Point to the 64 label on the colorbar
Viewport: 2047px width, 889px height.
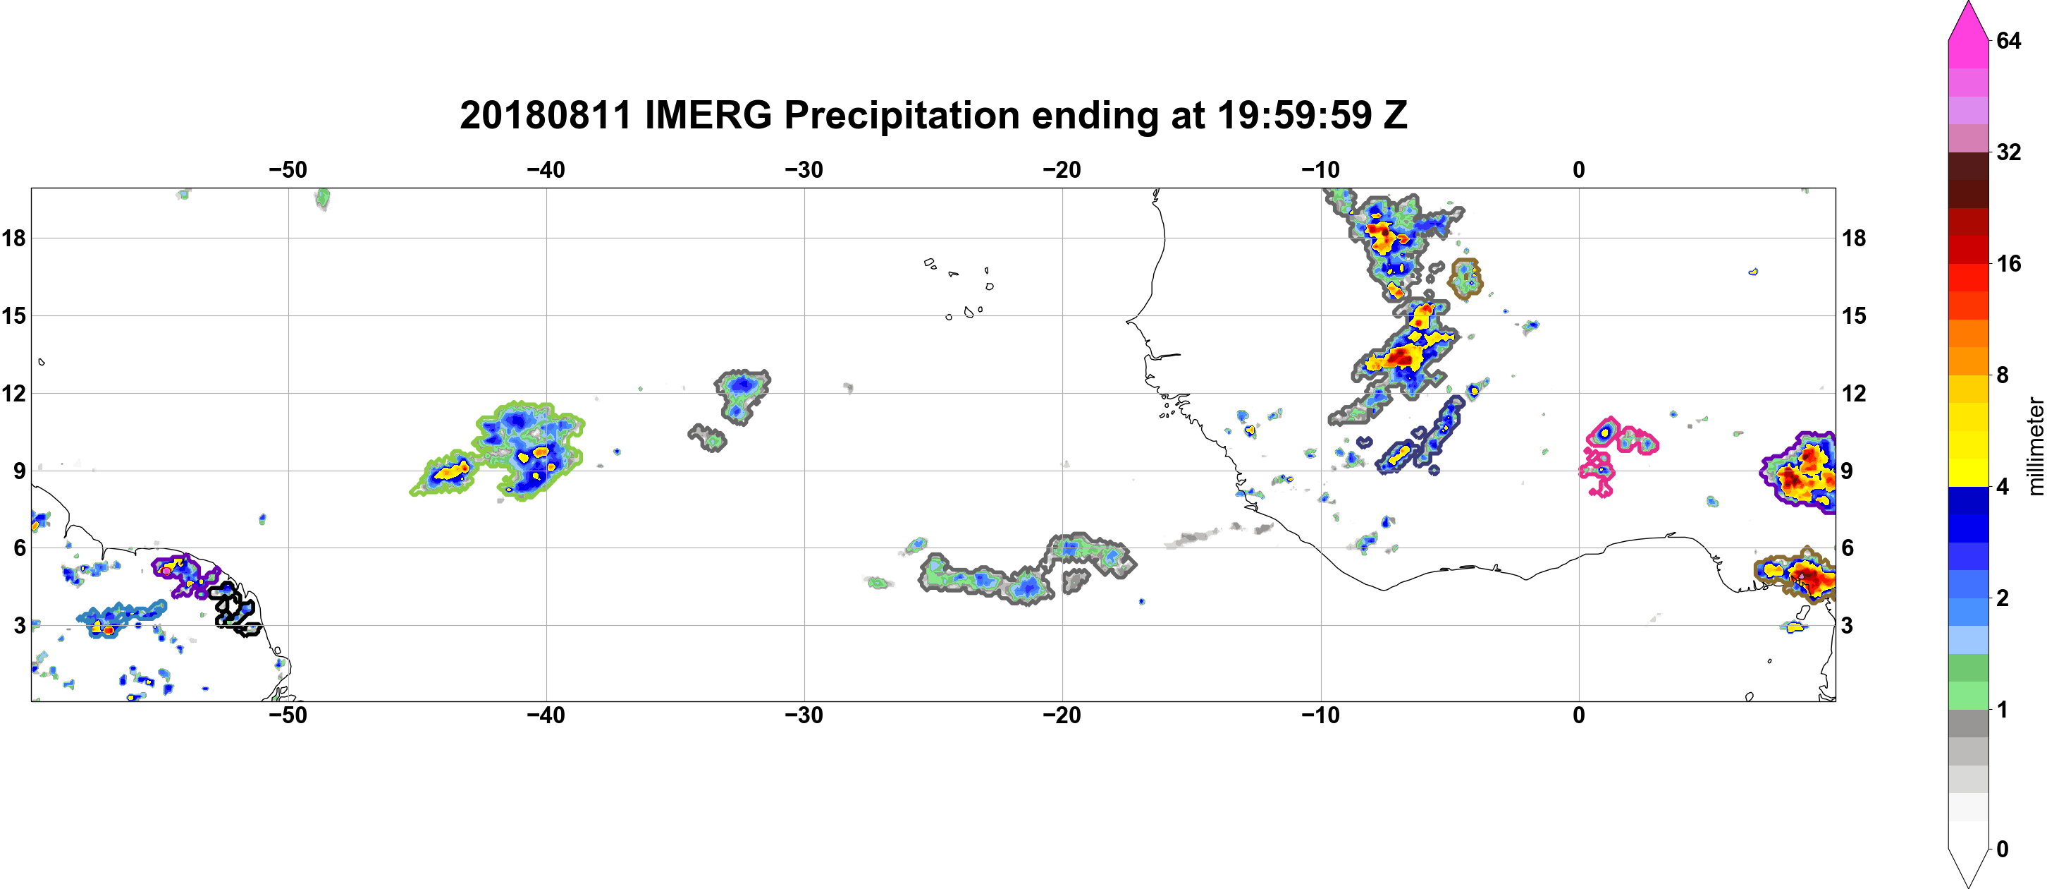tap(2008, 40)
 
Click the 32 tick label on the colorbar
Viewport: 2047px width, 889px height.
tap(2008, 152)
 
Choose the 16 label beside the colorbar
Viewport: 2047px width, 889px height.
tap(2008, 264)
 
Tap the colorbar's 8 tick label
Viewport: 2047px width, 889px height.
tap(2003, 375)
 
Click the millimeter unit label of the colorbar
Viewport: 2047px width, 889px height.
tap(2035, 446)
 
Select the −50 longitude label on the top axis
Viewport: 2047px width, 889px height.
tap(288, 170)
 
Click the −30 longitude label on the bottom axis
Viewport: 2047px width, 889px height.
tap(804, 715)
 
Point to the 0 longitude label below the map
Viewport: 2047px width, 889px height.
tap(1579, 715)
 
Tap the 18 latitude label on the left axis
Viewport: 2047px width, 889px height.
tap(13, 238)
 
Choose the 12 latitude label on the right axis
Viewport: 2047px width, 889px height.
tap(1854, 393)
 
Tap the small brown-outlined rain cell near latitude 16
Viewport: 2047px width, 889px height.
tap(1465, 278)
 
